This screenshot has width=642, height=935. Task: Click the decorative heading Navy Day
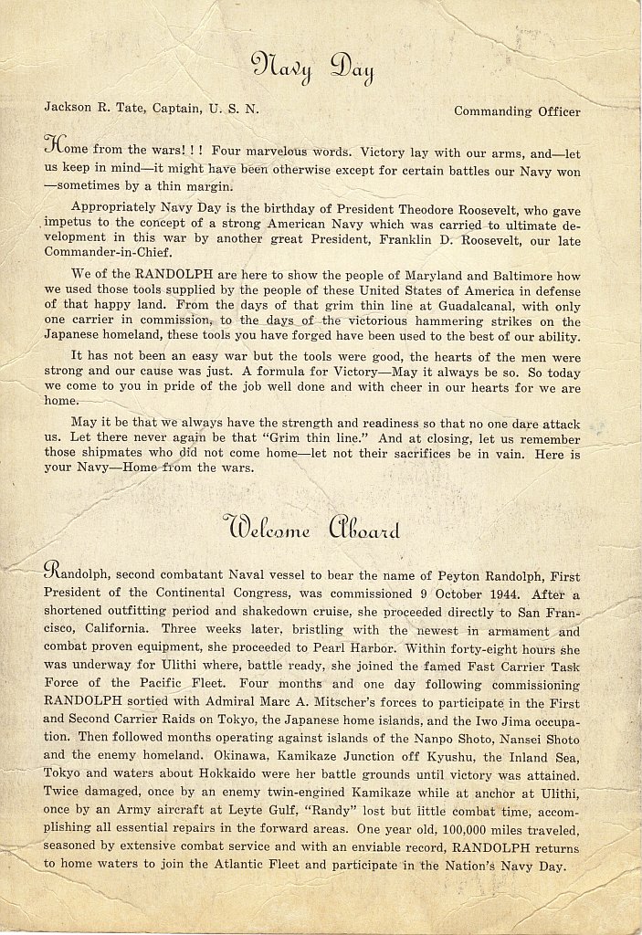click(x=312, y=66)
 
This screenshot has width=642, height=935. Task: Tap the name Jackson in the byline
click(x=68, y=107)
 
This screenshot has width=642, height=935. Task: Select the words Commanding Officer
click(x=517, y=111)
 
